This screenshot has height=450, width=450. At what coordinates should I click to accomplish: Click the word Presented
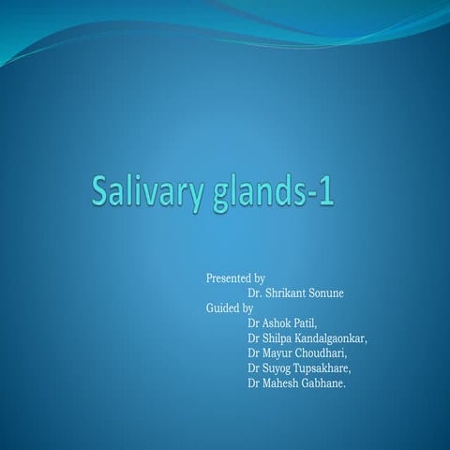(229, 278)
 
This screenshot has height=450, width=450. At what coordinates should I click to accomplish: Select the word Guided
(223, 307)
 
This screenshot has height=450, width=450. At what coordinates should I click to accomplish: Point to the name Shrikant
(287, 293)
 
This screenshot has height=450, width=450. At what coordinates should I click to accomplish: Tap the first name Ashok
(277, 322)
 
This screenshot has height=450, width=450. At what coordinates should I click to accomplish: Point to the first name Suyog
(278, 367)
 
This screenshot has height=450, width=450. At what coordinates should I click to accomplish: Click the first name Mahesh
(282, 382)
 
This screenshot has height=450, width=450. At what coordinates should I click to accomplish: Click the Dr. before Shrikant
(255, 293)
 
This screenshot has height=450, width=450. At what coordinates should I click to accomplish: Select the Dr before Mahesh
(253, 382)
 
